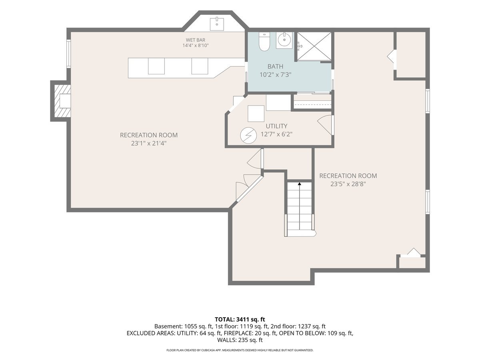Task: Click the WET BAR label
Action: [x=196, y=40]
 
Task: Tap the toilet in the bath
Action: [x=264, y=41]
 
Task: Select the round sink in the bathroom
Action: [x=284, y=40]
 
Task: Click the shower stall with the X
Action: [x=314, y=46]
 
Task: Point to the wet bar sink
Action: [x=217, y=24]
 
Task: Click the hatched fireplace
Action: [x=62, y=101]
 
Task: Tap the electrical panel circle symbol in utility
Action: [x=248, y=136]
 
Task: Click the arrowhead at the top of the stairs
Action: [x=299, y=184]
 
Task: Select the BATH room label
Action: [x=275, y=66]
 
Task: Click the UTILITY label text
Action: [x=276, y=126]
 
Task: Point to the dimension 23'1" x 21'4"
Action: [x=149, y=143]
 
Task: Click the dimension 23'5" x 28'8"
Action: [x=348, y=184]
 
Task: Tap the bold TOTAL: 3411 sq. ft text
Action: [x=240, y=319]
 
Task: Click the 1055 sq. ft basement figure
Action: [x=198, y=326]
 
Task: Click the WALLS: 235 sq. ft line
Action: [x=240, y=340]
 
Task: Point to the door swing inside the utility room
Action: [x=324, y=125]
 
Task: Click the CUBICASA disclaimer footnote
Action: [x=240, y=350]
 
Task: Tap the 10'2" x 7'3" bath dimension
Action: [x=276, y=75]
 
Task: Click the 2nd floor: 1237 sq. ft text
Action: [x=298, y=326]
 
